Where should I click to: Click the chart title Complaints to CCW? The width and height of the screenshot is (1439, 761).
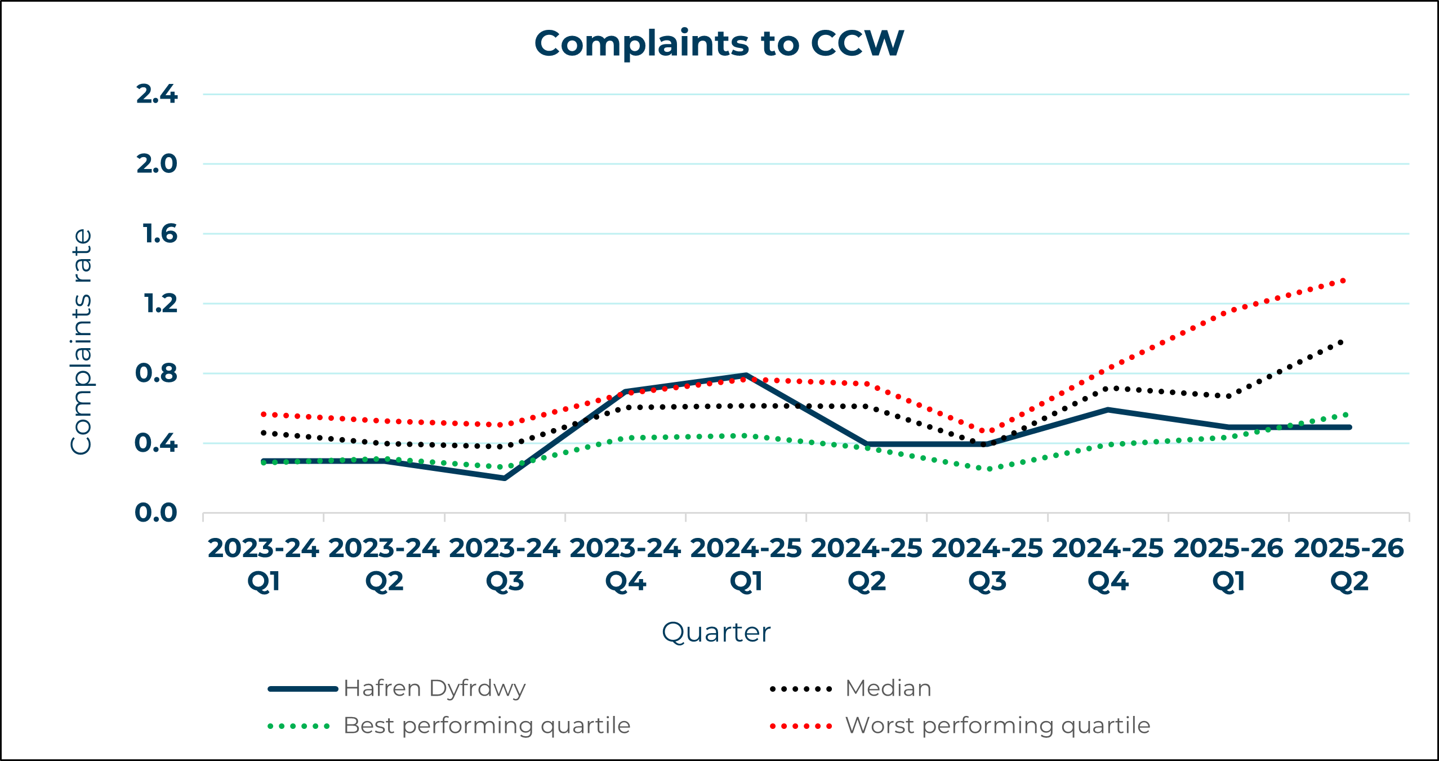pyautogui.click(x=719, y=43)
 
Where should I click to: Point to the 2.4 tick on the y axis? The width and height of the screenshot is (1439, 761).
pyautogui.click(x=157, y=94)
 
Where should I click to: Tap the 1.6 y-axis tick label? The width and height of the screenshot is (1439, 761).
pyautogui.click(x=160, y=234)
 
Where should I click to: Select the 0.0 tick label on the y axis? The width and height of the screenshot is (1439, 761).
pyautogui.click(x=156, y=513)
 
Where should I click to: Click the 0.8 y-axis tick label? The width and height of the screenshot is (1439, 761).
pyautogui.click(x=156, y=373)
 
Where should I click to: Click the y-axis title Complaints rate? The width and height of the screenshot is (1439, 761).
pyautogui.click(x=81, y=341)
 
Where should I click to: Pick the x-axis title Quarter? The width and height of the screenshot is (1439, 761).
pyautogui.click(x=716, y=633)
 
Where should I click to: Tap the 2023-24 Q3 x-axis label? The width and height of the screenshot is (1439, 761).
pyautogui.click(x=505, y=564)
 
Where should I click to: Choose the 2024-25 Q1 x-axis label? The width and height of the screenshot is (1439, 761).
pyautogui.click(x=746, y=564)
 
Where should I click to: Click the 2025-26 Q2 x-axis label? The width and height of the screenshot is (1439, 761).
pyautogui.click(x=1349, y=564)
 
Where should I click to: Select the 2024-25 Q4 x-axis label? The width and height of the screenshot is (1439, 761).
pyautogui.click(x=1108, y=564)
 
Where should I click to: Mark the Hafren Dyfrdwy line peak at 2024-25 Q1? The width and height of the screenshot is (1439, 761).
pyautogui.click(x=746, y=375)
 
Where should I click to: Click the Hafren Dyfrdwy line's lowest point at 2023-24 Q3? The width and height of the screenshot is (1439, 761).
pyautogui.click(x=505, y=478)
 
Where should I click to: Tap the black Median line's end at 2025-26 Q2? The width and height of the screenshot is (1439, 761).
pyautogui.click(x=1342, y=342)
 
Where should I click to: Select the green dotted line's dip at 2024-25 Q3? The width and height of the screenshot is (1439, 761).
pyautogui.click(x=988, y=469)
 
